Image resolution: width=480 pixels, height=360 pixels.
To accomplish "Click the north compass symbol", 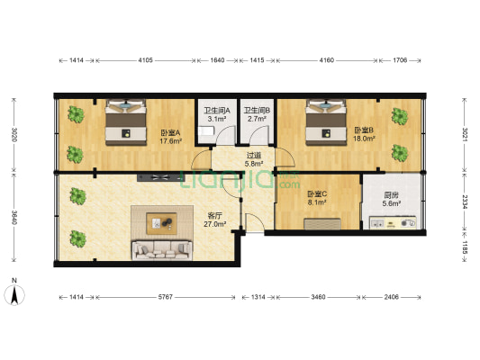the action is tap(14, 294).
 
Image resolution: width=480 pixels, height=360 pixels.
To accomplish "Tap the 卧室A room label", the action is tap(170, 133).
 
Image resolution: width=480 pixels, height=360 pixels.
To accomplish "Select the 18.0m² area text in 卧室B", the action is tap(365, 139).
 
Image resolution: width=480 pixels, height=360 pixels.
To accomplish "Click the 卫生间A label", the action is tap(217, 111).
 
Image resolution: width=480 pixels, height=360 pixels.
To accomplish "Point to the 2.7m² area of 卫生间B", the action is tap(257, 119).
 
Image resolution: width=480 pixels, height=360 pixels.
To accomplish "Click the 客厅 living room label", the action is tap(214, 216).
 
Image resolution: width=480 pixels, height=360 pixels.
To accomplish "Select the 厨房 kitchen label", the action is tap(391, 194).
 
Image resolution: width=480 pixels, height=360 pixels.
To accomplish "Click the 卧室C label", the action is tap(317, 193).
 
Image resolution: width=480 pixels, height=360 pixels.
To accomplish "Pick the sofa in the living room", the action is tap(162, 250).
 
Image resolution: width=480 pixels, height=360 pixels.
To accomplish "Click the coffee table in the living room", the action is tap(161, 223).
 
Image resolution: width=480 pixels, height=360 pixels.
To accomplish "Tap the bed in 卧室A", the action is tap(126, 122).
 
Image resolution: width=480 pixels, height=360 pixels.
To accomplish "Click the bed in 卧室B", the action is tap(326, 122).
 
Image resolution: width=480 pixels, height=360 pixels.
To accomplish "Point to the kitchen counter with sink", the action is tap(393, 222).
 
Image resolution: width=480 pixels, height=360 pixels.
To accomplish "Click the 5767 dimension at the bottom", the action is tap(166, 297).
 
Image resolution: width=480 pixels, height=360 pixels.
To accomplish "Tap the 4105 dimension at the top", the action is tap(145, 60).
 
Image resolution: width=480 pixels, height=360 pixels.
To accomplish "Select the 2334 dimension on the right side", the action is tap(465, 202).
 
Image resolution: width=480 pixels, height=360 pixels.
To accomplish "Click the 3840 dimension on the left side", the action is tap(14, 217).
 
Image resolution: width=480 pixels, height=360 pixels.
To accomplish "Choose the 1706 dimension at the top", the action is tap(400, 60).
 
